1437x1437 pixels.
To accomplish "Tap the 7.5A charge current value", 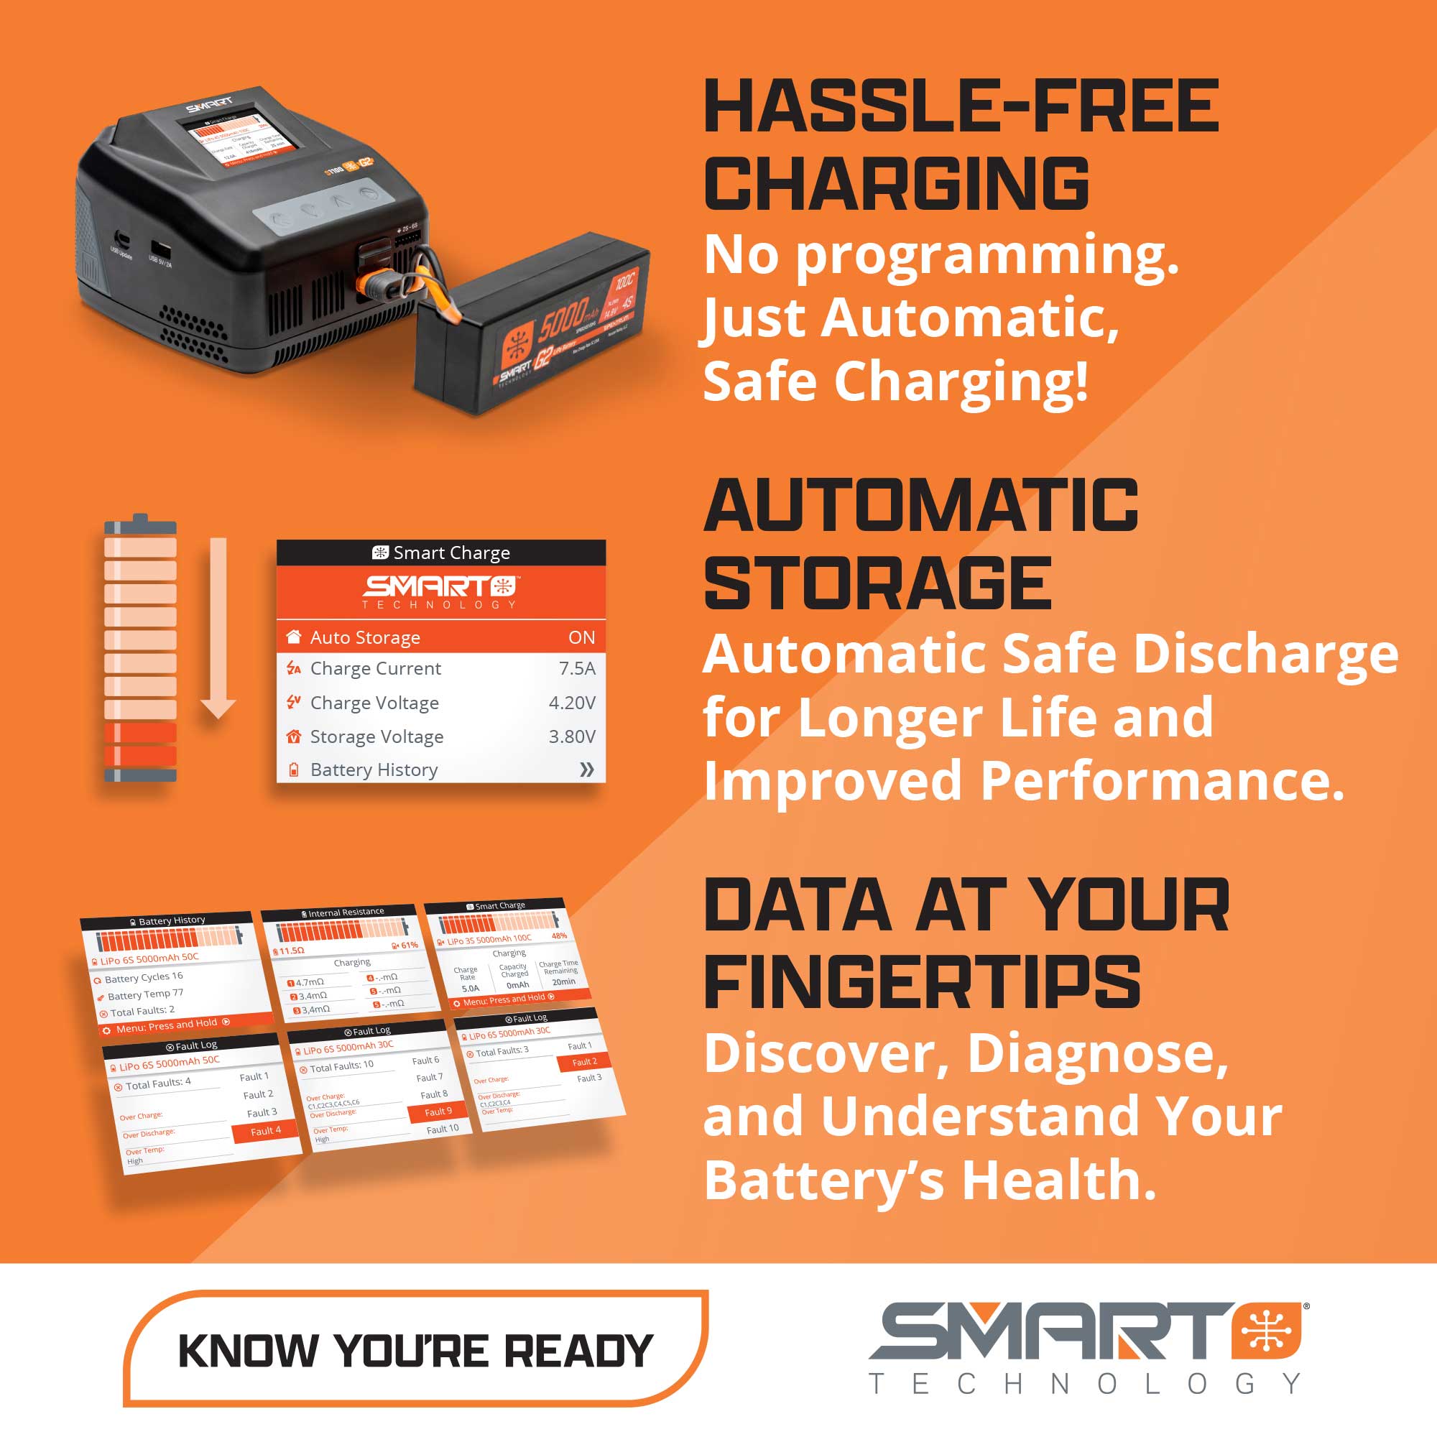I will tap(577, 669).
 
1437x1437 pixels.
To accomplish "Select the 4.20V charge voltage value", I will tap(572, 703).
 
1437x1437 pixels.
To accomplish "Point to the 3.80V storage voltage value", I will tap(572, 736).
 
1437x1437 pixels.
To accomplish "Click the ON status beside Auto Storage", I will tap(582, 637).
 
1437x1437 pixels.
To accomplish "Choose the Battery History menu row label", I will tap(374, 770).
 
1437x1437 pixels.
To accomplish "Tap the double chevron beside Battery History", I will tap(587, 770).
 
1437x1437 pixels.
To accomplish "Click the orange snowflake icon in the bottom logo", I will tap(1267, 1331).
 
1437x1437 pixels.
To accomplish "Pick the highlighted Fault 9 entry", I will tap(438, 1112).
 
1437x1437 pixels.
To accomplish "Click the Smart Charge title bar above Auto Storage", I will tap(441, 553).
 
